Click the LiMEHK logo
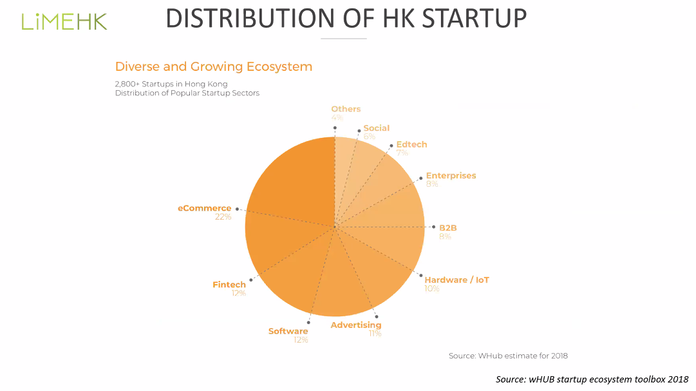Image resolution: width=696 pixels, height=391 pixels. coord(64,21)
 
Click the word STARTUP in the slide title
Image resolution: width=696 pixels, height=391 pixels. coord(474,19)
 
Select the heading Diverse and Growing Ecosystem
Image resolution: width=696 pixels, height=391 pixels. coord(213,66)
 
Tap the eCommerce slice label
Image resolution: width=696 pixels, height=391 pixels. coord(204,208)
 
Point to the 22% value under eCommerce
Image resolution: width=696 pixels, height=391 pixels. coord(223,217)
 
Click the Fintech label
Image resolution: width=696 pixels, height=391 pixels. coord(229,285)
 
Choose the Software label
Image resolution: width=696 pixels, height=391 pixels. coord(288,331)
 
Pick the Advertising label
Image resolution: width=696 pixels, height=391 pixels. coord(356,325)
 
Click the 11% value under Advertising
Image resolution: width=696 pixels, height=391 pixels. coord(375,334)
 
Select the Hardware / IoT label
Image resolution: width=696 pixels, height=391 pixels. coord(456,280)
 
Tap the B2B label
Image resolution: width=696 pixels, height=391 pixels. coord(447,227)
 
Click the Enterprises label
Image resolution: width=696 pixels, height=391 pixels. coord(451,175)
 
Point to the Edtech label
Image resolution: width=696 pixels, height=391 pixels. coord(411,144)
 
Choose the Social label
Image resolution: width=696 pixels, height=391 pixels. coord(376,128)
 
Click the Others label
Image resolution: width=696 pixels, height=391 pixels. coord(346,109)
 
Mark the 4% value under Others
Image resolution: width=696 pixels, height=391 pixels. coord(337,118)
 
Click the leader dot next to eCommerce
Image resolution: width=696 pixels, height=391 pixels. coord(237,209)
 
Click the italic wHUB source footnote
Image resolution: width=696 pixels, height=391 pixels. coord(592,379)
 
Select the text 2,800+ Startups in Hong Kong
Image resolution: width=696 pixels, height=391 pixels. coord(171,84)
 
